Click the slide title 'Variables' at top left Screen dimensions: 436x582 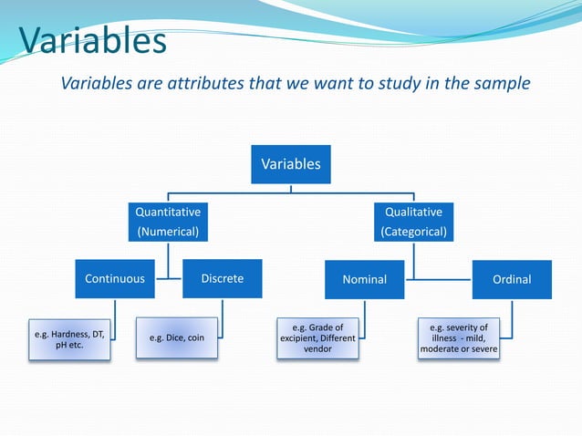92,40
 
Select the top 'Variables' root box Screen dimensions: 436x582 291,165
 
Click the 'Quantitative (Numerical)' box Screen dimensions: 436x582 168,222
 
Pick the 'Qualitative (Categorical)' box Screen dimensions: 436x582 413,222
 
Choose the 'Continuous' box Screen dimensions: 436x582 114,279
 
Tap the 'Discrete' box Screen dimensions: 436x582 223,278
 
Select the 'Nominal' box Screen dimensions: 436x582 364,279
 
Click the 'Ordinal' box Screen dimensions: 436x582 511,279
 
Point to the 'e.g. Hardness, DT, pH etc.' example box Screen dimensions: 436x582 69,340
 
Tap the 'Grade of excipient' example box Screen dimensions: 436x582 317,337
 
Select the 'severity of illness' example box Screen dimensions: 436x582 459,337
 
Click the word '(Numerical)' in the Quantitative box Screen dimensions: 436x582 168,232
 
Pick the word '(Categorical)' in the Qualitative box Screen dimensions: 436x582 413,232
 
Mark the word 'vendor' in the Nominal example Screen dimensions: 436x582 317,349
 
